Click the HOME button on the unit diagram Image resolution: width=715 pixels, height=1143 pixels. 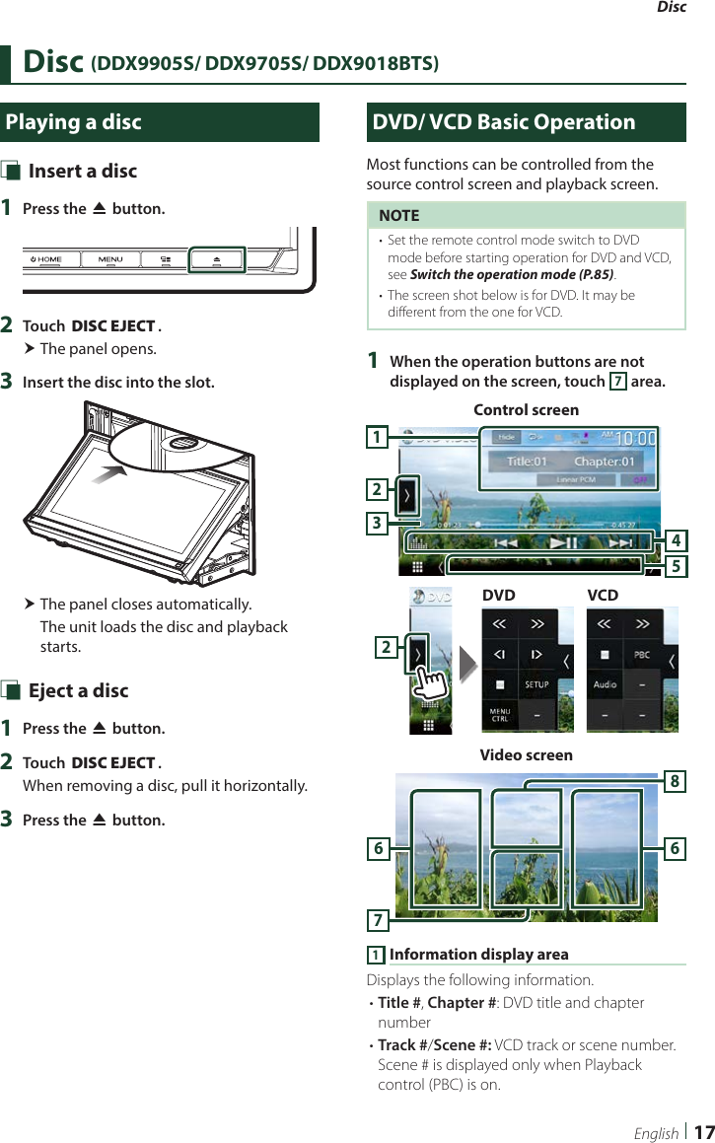(46, 259)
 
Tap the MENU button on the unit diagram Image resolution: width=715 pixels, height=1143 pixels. (110, 259)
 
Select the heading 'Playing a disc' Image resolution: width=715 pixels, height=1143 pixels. (74, 122)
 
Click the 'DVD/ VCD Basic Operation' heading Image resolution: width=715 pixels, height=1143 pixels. (504, 122)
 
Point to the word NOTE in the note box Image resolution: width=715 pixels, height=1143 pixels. (398, 215)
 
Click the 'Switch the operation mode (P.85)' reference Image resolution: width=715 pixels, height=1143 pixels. (511, 274)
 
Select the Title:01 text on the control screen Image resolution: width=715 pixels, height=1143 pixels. (527, 462)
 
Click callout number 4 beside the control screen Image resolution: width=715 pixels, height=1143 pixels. (676, 540)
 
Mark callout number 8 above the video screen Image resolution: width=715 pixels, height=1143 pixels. (675, 782)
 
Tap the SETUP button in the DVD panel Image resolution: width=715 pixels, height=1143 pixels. (536, 683)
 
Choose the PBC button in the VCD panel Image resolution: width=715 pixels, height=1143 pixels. (642, 654)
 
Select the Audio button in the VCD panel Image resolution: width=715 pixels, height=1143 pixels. (605, 683)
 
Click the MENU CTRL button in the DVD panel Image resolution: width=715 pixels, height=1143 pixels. (500, 713)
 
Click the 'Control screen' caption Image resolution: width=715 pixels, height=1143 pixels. (526, 409)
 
